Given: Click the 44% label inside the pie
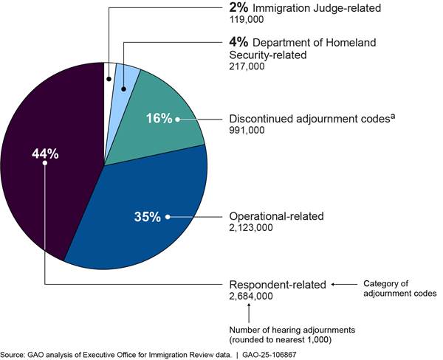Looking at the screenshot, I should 45,153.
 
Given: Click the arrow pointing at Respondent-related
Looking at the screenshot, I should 343,284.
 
